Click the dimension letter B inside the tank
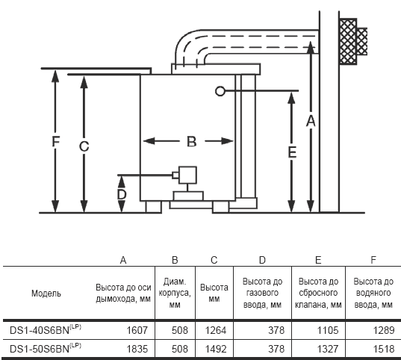click(x=192, y=141)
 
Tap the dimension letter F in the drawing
click(x=56, y=141)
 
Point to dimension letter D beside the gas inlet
click(x=122, y=194)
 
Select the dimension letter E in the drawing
click(x=292, y=152)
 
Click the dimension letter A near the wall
click(x=311, y=121)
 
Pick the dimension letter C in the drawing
click(x=84, y=146)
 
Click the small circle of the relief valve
click(x=220, y=91)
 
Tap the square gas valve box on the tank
click(x=187, y=175)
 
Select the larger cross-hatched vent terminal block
click(x=348, y=41)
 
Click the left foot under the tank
click(x=153, y=207)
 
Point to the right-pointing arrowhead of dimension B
click(x=227, y=141)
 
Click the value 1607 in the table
click(x=137, y=330)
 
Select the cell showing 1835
click(x=137, y=349)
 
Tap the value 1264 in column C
click(x=216, y=330)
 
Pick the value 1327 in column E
click(x=328, y=349)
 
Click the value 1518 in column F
click(x=384, y=349)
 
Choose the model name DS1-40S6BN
click(x=40, y=330)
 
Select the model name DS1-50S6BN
click(x=40, y=349)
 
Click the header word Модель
click(x=46, y=294)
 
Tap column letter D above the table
click(x=262, y=260)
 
